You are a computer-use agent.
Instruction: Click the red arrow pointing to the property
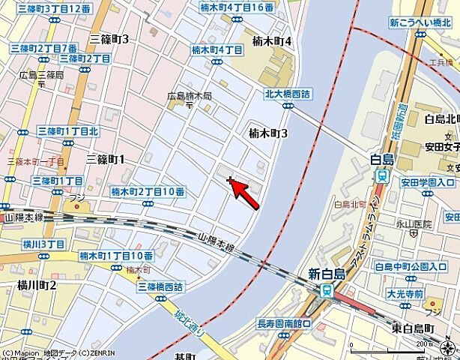(x=246, y=193)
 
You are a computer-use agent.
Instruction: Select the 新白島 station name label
(x=326, y=275)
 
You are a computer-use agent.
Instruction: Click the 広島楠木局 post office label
(x=190, y=97)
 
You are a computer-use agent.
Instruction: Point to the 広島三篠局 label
(x=41, y=75)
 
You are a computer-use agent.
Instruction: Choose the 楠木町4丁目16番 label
(x=237, y=7)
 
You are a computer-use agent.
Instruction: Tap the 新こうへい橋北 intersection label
(x=423, y=24)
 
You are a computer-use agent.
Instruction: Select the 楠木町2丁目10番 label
(x=148, y=192)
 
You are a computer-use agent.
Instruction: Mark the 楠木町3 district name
(x=268, y=133)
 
